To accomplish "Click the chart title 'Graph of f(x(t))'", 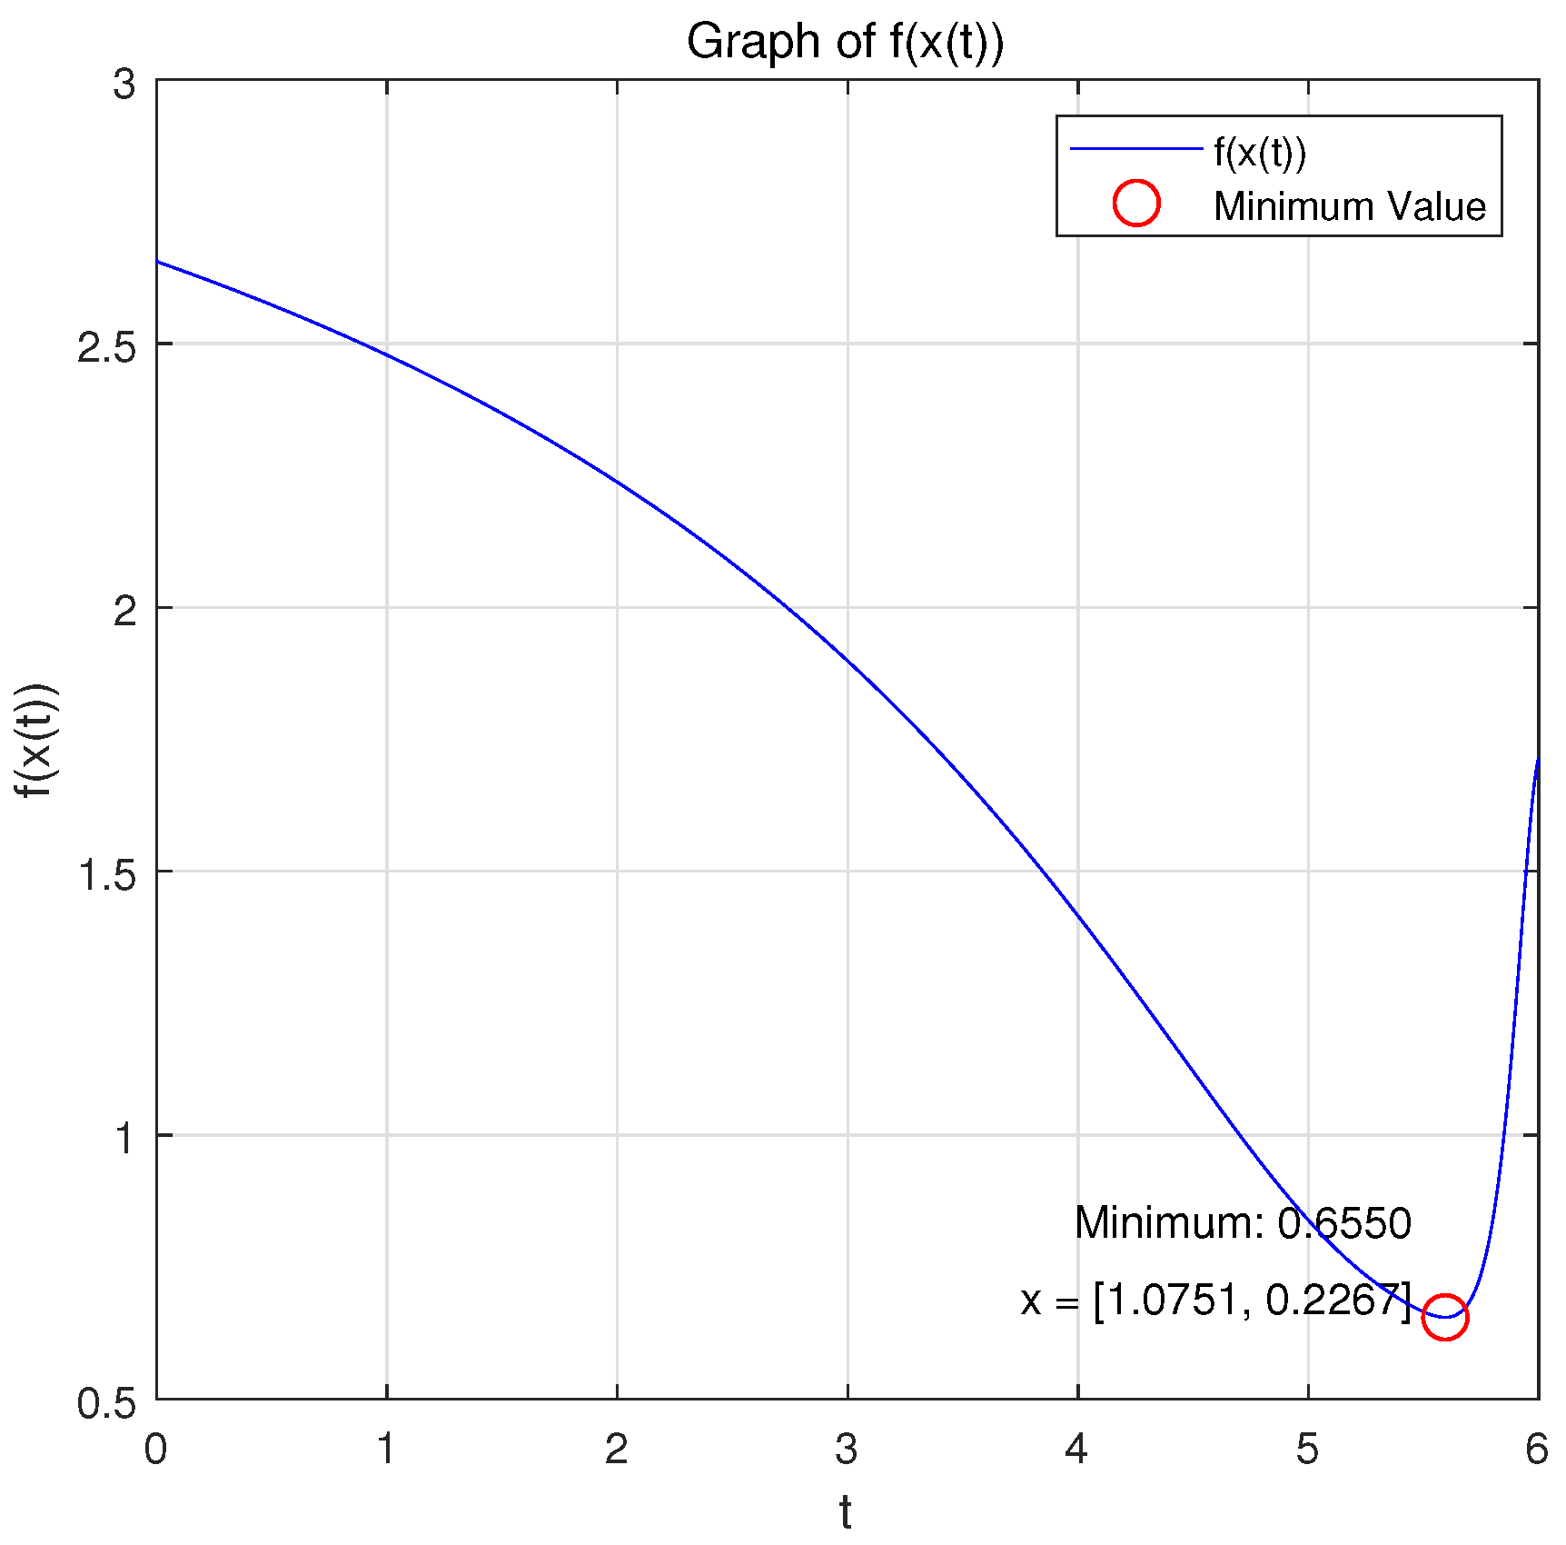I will click(845, 42).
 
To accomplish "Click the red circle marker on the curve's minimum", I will click(1444, 1317).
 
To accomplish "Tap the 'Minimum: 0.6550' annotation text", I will click(1243, 1223).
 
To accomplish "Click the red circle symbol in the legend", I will click(1136, 203).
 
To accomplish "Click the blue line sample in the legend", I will click(1136, 148).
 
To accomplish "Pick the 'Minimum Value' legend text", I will click(1350, 206).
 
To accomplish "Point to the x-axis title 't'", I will click(846, 1513).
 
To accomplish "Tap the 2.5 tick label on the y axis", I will click(106, 346).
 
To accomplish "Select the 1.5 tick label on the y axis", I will click(106, 873).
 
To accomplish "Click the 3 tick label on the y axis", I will click(124, 84).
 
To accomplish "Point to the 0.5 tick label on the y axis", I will click(106, 1402).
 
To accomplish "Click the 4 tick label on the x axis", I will click(1077, 1449).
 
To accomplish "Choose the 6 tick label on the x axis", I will click(1536, 1449).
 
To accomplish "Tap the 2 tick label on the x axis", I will click(617, 1449).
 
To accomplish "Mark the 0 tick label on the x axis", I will click(155, 1449).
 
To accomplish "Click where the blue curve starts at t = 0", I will click(158, 262).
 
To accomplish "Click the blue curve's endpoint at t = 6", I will click(1537, 760).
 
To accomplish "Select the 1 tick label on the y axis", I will click(124, 1138).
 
